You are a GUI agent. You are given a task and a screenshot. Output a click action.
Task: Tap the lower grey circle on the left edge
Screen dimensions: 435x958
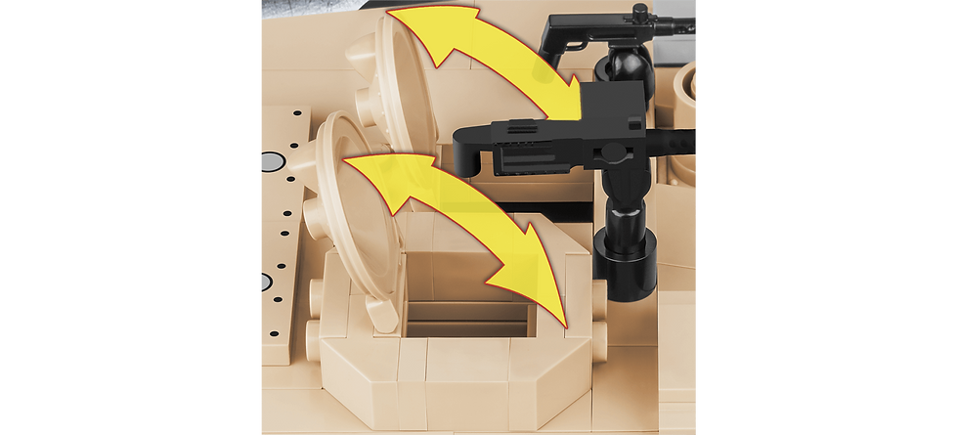click(265, 283)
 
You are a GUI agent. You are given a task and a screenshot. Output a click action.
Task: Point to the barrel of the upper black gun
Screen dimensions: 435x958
click(675, 20)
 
